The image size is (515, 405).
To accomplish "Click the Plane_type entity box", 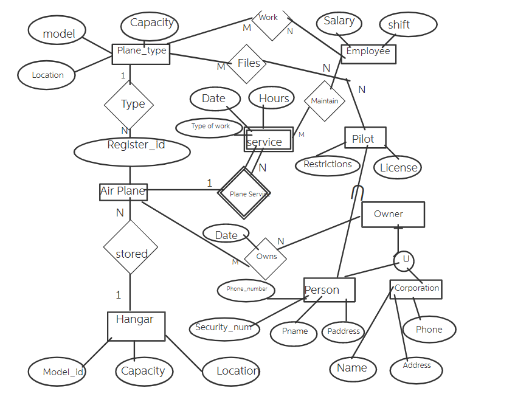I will click(x=140, y=51).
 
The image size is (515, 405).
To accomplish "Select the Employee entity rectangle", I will click(x=368, y=53).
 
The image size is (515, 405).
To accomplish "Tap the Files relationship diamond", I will click(x=246, y=63).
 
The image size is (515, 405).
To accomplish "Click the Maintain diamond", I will click(x=324, y=101).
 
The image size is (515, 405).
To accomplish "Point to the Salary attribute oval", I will click(x=339, y=23).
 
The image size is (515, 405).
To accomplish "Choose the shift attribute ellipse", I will click(x=408, y=25).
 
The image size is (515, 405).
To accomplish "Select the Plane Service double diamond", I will click(x=244, y=193).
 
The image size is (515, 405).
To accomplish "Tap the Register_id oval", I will click(x=132, y=151).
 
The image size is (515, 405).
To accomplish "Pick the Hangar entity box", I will click(x=136, y=326).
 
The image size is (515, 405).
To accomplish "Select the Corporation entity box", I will click(x=416, y=289).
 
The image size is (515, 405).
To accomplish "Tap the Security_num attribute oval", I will click(x=224, y=328).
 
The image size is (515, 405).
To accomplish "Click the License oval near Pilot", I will click(x=398, y=167).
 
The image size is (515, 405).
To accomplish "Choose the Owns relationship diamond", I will click(x=266, y=256).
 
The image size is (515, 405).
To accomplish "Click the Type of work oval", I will click(x=210, y=127).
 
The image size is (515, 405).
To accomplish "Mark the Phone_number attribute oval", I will click(x=246, y=289).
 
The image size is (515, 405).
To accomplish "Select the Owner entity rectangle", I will click(x=393, y=215).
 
